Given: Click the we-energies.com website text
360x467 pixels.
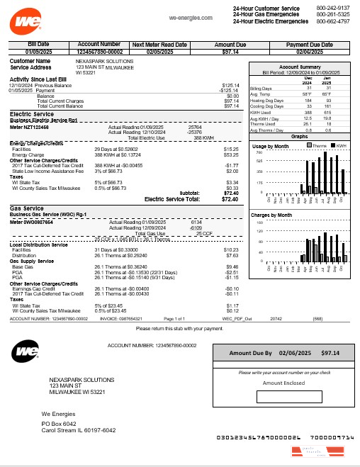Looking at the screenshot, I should (191, 16).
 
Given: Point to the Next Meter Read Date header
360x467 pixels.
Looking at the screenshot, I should (159, 44).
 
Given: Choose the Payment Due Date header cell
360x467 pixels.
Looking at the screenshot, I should (309, 44).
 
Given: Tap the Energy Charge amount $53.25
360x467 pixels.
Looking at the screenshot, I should (231, 155).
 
